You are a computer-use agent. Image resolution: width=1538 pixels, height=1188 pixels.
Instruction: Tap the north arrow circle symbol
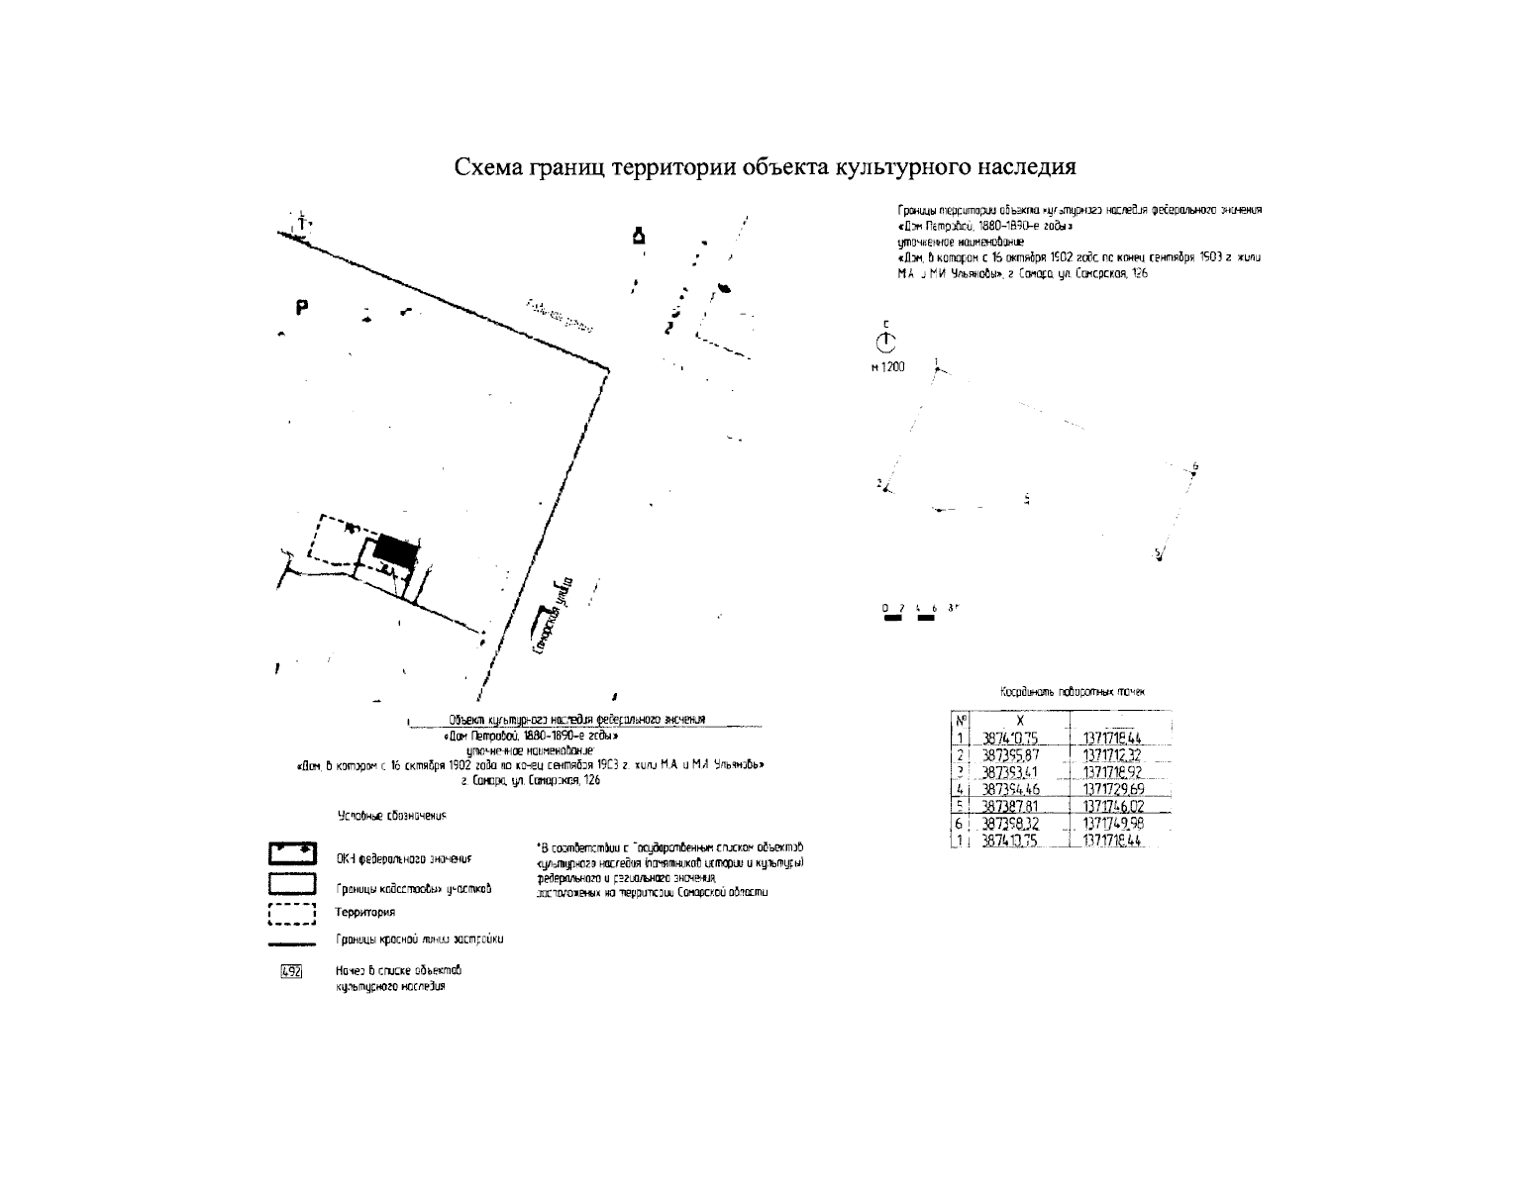[885, 343]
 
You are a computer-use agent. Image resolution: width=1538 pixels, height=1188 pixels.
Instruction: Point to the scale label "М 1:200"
[887, 367]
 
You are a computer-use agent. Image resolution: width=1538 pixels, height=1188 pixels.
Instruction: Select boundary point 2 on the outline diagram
[886, 488]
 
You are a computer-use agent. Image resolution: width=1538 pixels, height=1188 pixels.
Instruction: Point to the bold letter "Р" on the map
[301, 308]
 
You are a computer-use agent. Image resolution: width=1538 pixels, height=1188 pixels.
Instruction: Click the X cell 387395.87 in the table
[1008, 755]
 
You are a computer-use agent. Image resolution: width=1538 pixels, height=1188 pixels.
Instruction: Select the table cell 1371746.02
[1115, 807]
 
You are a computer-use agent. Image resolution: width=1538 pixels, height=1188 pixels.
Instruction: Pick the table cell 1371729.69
[1115, 789]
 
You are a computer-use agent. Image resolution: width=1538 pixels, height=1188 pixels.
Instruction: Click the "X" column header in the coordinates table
[1020, 721]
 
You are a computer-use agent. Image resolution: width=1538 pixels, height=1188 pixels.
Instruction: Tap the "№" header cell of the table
[960, 721]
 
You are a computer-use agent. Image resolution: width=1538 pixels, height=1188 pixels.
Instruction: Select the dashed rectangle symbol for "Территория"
[291, 913]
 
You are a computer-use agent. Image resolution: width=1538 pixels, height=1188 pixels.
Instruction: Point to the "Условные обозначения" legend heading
[393, 816]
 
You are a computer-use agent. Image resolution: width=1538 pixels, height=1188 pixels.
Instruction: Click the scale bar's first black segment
[892, 618]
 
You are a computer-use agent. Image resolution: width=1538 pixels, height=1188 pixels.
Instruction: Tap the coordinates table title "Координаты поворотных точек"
[1072, 693]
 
